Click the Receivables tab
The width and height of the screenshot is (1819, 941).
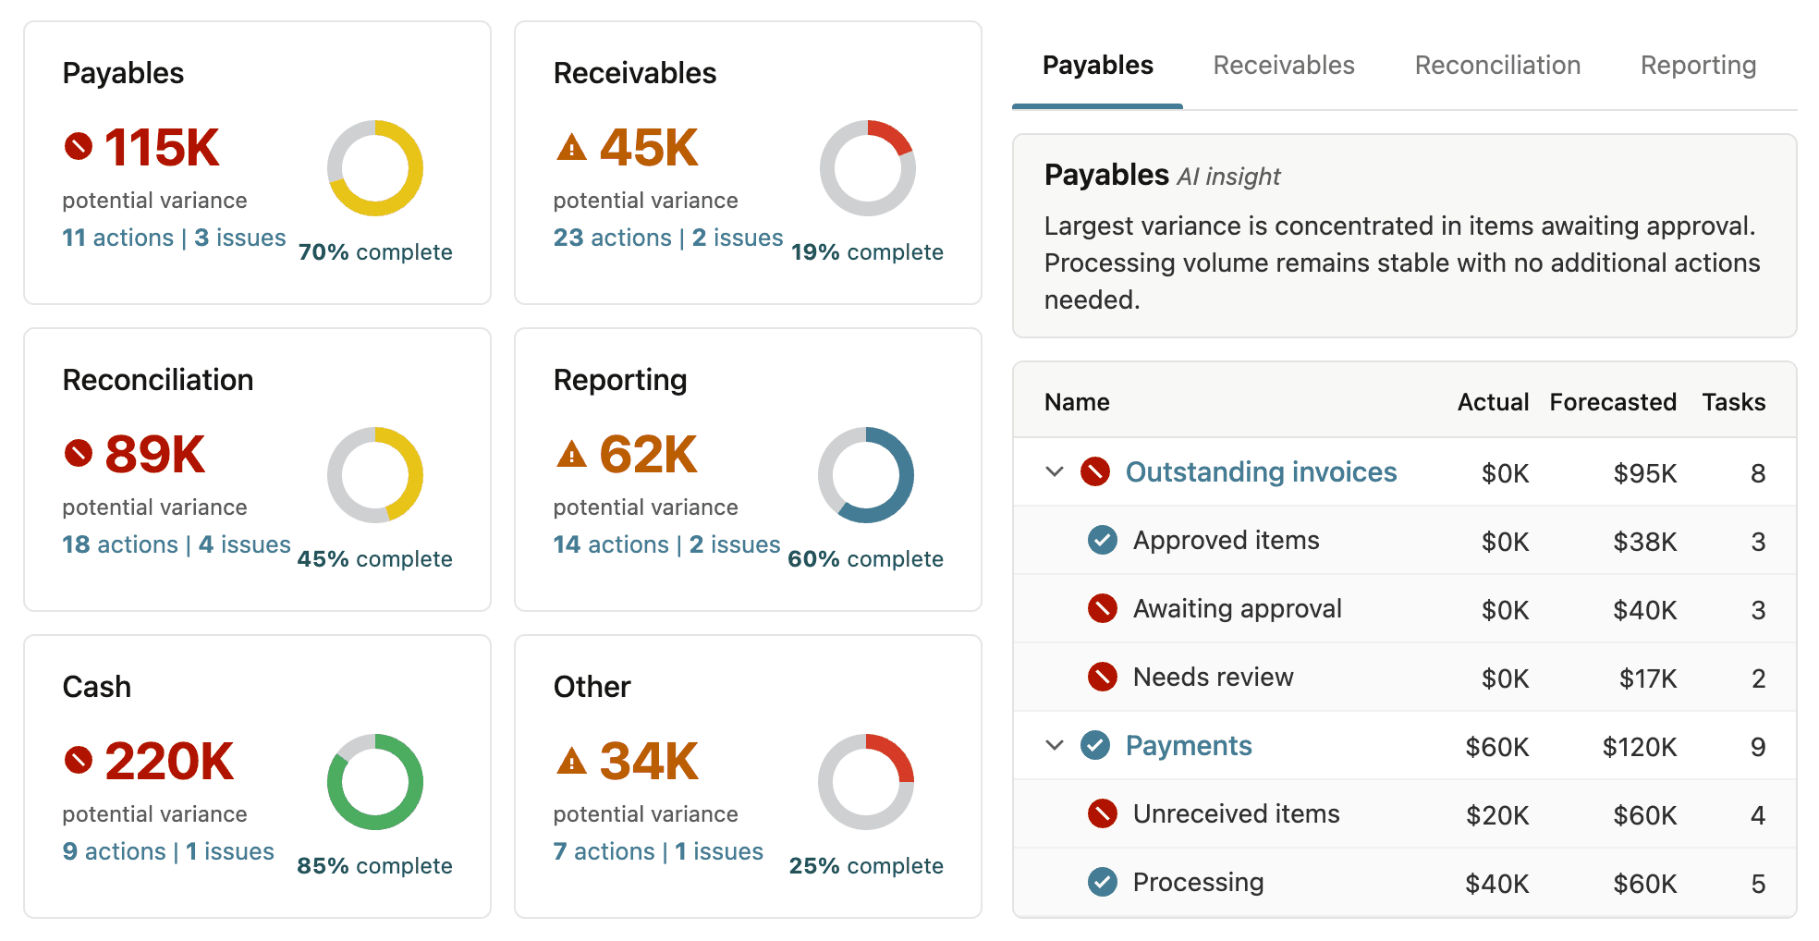1283,66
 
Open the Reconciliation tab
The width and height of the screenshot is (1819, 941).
1496,66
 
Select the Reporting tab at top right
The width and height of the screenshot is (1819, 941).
1697,66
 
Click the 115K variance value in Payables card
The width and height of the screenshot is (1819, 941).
162,148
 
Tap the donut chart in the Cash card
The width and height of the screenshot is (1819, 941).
375,782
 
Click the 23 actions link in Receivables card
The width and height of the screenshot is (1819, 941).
612,238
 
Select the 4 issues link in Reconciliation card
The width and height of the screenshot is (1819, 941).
245,544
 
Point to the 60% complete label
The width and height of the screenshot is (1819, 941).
865,559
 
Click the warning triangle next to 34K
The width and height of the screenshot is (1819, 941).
572,762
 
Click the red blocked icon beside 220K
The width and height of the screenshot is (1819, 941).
79,760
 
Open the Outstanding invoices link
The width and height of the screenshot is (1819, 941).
1261,472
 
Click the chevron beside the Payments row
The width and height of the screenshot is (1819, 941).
1055,745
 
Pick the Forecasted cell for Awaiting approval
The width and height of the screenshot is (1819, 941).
1644,610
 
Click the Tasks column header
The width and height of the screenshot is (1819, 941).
1733,402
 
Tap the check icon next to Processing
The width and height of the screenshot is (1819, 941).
1102,882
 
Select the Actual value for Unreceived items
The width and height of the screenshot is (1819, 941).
1496,815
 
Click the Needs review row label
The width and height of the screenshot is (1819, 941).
1213,678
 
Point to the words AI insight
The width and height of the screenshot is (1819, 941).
1228,177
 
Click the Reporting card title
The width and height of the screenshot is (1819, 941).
620,380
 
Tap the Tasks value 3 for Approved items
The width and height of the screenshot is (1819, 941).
1757,542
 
